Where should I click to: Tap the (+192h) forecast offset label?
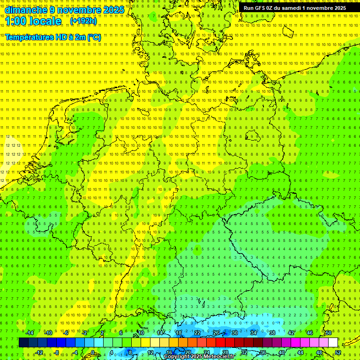click(x=83, y=21)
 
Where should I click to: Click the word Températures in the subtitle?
click(x=29, y=37)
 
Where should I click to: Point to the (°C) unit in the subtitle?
click(x=93, y=37)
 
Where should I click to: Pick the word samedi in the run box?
click(x=291, y=8)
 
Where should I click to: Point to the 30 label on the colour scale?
click(x=235, y=333)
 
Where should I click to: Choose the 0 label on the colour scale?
click(x=92, y=352)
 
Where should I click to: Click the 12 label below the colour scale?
click(x=150, y=352)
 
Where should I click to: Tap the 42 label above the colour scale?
click(x=291, y=333)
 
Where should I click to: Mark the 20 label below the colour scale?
click(x=188, y=352)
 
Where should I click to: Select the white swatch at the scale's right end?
click(x=333, y=343)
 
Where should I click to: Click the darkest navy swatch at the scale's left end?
click(x=23, y=343)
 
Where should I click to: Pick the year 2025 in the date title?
click(x=113, y=10)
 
